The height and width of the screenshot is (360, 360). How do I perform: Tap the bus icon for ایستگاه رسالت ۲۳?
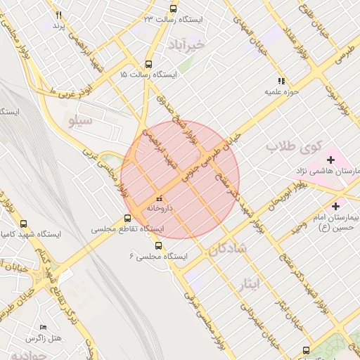point(174,9)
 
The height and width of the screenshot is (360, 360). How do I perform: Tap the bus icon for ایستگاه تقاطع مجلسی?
point(127,218)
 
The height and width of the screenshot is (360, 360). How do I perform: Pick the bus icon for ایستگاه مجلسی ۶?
point(158,246)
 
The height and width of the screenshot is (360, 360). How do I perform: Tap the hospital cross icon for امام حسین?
point(335,207)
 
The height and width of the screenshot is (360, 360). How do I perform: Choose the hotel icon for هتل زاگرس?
point(43,328)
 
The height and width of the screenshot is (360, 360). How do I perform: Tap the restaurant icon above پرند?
point(58,15)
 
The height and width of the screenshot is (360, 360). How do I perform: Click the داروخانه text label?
point(160,209)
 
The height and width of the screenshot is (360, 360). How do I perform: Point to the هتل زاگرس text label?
point(43,338)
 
